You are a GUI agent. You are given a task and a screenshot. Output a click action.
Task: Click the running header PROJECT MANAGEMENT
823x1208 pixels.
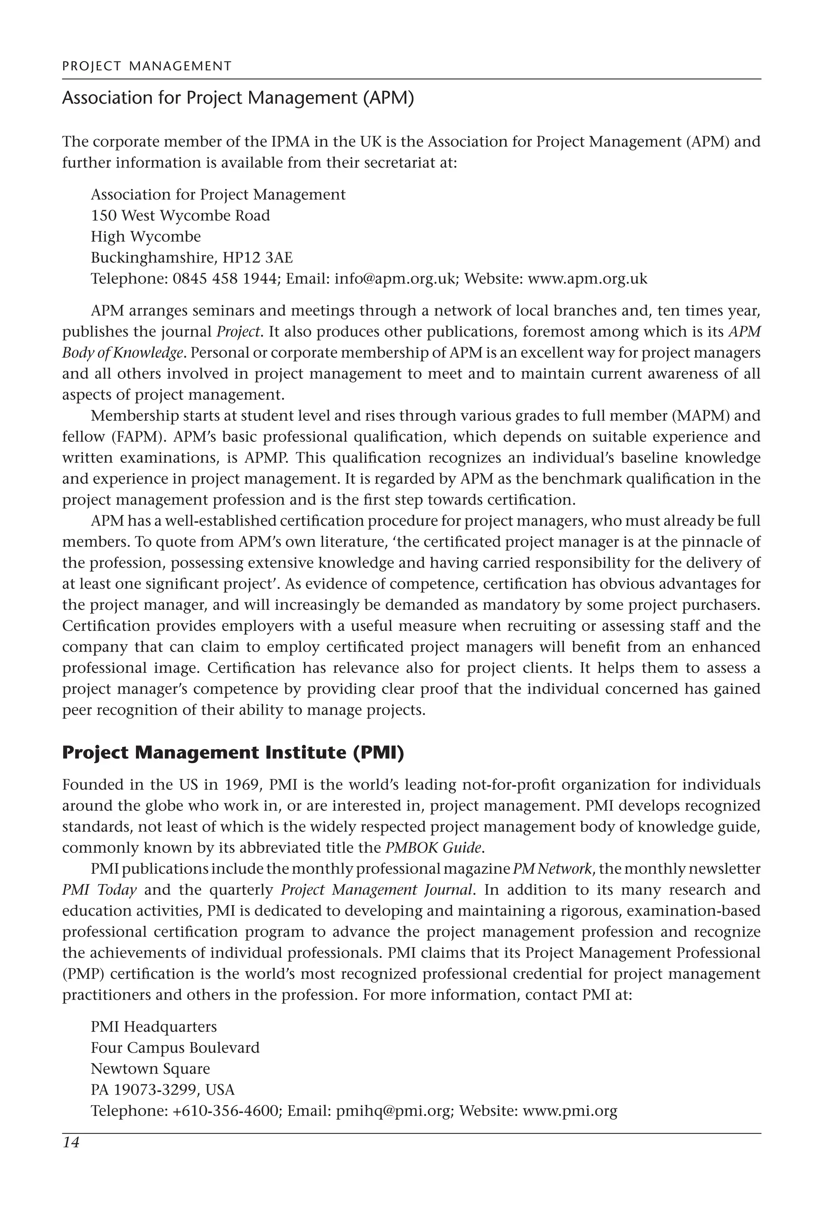pyautogui.click(x=147, y=66)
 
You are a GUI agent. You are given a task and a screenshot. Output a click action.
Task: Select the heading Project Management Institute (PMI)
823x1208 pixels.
pyautogui.click(x=233, y=753)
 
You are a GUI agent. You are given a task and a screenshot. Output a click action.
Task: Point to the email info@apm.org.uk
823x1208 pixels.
pyautogui.click(x=395, y=279)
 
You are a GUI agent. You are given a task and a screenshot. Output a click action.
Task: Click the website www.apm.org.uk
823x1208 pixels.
pyautogui.click(x=588, y=279)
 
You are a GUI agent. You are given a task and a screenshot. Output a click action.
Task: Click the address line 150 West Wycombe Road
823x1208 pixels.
pyautogui.click(x=180, y=215)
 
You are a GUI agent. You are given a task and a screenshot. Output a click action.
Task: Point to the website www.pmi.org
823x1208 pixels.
pyautogui.click(x=570, y=1111)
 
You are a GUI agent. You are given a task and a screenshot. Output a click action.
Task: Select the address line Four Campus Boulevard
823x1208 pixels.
pyautogui.click(x=175, y=1047)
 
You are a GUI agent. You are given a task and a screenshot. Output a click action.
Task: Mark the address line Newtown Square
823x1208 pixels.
pyautogui.click(x=150, y=1069)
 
